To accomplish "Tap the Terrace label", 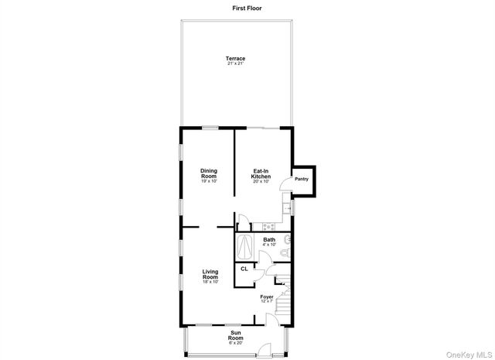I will click(x=235, y=59).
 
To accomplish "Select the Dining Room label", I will click(x=209, y=175).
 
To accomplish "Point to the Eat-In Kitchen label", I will click(x=261, y=175).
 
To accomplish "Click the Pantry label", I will click(x=302, y=180).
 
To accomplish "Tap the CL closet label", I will click(x=244, y=269).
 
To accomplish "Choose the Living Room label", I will click(x=210, y=276).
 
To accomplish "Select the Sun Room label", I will click(x=235, y=338).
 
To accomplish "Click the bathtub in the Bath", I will click(x=245, y=245).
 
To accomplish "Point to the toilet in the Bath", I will click(x=285, y=250).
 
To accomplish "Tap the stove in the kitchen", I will click(x=268, y=227).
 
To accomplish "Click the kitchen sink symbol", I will click(x=286, y=208).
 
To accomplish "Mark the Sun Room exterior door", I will click(x=265, y=351).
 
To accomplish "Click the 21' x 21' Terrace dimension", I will click(x=235, y=63).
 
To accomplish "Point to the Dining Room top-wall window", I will click(x=209, y=128).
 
